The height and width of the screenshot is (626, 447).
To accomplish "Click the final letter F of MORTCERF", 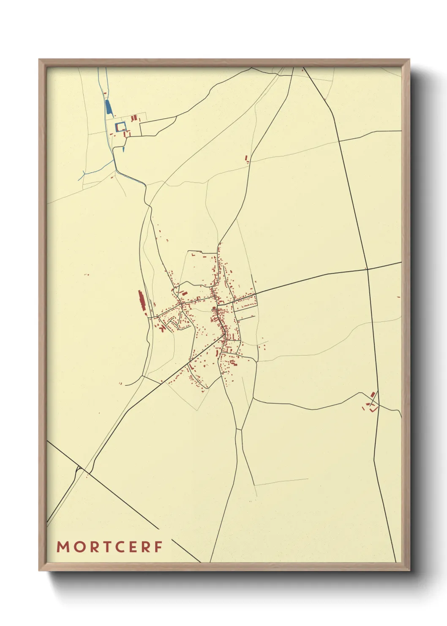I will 158,547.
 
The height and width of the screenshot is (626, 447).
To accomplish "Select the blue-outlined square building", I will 121,126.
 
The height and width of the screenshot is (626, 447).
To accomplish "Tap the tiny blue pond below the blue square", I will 123,148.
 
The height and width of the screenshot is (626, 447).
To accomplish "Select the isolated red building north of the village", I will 247,159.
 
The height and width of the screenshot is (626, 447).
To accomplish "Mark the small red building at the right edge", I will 398,297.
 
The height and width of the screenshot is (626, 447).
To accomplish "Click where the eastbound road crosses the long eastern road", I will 367,269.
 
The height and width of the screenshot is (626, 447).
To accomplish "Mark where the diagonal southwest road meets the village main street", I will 225,334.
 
